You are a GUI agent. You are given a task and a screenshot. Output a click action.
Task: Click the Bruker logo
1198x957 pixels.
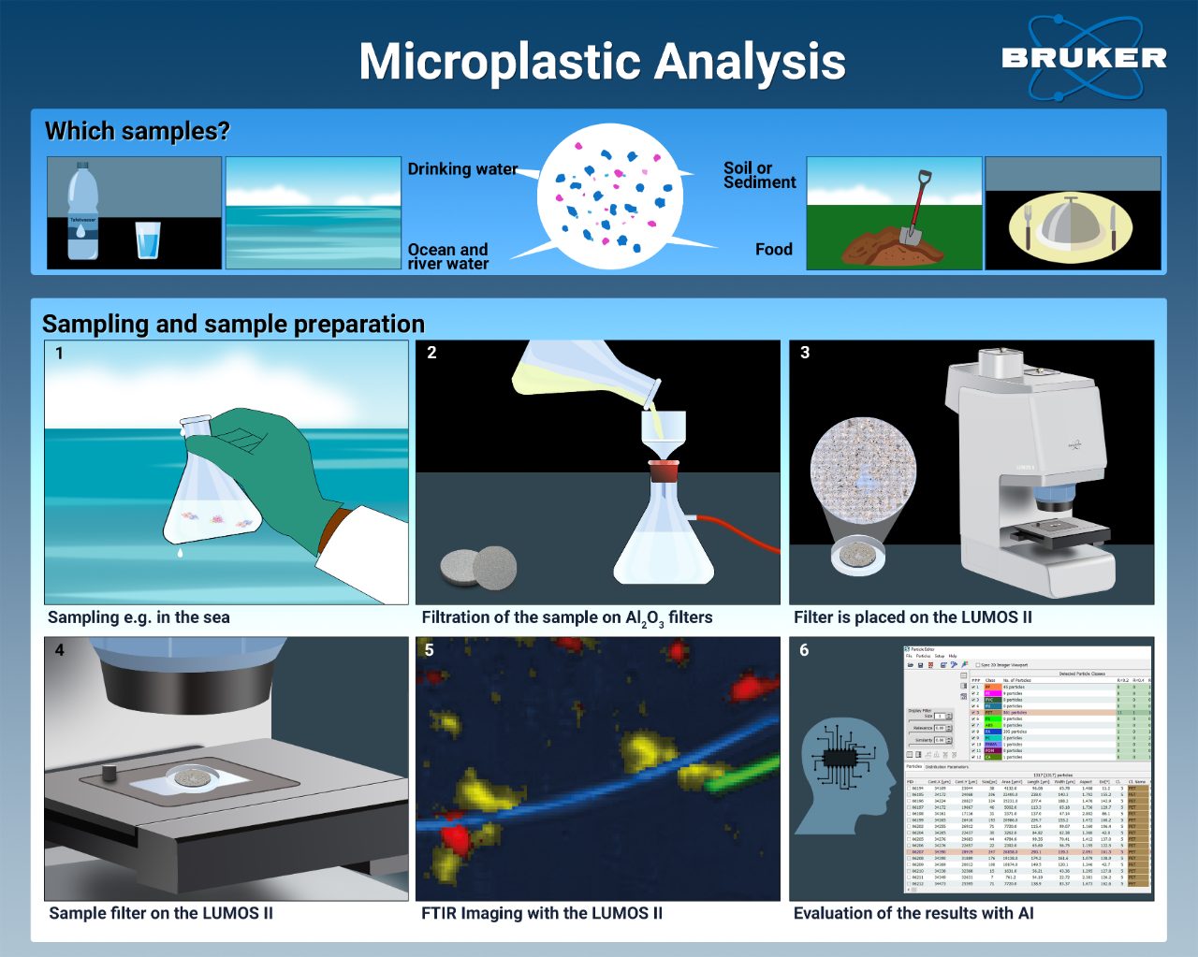click(x=1084, y=58)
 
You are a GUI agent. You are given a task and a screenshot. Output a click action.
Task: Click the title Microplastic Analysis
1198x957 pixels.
click(x=602, y=62)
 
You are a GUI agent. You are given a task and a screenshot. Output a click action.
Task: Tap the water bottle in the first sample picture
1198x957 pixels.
click(x=82, y=213)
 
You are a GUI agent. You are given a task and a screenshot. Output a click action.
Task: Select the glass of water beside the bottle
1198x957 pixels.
click(x=148, y=239)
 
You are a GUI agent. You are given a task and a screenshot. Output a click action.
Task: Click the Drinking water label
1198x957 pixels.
click(x=462, y=169)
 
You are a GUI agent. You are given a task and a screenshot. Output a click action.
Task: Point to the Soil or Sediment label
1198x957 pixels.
click(x=759, y=175)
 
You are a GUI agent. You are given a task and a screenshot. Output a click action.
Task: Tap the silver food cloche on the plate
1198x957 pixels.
click(x=1070, y=225)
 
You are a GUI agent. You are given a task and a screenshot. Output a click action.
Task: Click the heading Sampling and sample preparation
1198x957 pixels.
click(x=233, y=324)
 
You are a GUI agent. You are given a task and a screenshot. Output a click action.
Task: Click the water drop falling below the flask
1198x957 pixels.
click(x=181, y=554)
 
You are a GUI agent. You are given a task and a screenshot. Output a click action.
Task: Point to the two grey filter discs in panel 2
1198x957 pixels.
click(x=478, y=566)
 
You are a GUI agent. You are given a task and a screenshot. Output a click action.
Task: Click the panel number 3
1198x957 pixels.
click(x=805, y=353)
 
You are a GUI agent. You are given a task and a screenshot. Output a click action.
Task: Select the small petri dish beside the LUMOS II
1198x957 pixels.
click(x=858, y=556)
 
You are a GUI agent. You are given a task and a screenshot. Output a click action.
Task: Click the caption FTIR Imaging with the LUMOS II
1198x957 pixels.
click(x=541, y=913)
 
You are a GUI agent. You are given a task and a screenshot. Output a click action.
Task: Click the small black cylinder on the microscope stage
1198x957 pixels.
click(x=109, y=773)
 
